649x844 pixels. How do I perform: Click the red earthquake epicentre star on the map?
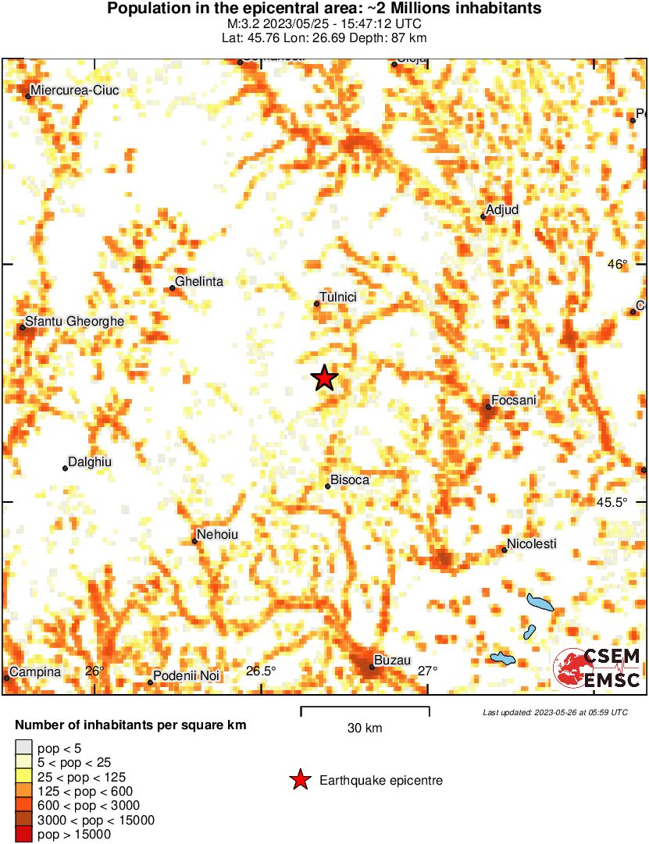click(x=324, y=378)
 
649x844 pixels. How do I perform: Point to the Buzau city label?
click(x=393, y=660)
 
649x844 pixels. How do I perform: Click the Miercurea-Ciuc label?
click(x=75, y=91)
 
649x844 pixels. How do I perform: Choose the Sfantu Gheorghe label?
click(x=74, y=321)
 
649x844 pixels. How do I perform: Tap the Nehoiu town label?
click(x=218, y=535)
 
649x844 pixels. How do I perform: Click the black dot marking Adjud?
click(x=483, y=217)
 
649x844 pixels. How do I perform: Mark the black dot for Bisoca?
click(x=328, y=486)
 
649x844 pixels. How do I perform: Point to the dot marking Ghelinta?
click(x=173, y=288)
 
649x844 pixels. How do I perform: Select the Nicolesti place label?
click(x=532, y=543)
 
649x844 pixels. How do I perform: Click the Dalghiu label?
click(x=90, y=462)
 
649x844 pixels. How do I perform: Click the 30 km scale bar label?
click(x=365, y=728)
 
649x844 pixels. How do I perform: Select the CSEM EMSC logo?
click(x=597, y=668)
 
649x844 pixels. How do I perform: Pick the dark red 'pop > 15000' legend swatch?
click(x=24, y=835)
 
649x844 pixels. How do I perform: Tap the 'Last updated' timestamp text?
click(x=555, y=712)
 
